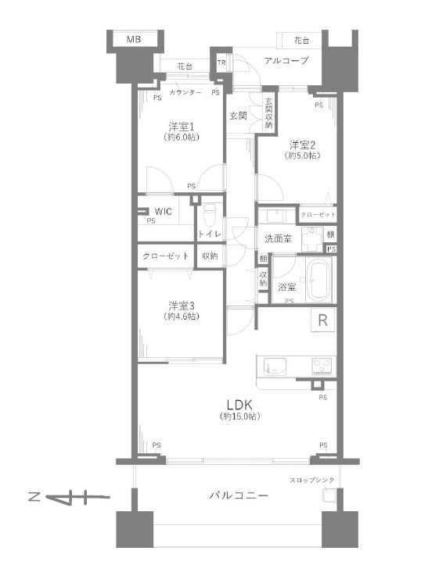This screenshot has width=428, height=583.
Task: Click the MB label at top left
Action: point(134,39)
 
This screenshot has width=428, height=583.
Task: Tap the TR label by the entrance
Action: point(221,63)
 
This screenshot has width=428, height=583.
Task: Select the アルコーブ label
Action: point(286,60)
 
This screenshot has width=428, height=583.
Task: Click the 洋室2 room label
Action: point(303,145)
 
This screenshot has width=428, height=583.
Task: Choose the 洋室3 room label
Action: point(182,306)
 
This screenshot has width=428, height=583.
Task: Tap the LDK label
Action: point(240,405)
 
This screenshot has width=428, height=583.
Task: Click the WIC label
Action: point(164,212)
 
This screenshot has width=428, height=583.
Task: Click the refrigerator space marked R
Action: point(323,320)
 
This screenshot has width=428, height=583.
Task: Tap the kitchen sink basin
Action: point(275,366)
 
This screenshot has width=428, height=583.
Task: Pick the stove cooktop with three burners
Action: point(322,366)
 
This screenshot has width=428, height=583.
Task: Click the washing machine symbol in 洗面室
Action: point(312,239)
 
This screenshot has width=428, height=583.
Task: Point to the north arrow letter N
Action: point(34,497)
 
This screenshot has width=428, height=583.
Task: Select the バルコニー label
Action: point(239,495)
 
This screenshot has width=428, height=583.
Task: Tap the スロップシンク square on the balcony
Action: point(329,496)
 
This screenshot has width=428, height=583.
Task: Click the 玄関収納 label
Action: point(268,113)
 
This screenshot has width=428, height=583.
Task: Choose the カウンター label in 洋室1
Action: point(185,92)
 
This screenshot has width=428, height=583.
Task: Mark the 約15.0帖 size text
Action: point(240,417)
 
